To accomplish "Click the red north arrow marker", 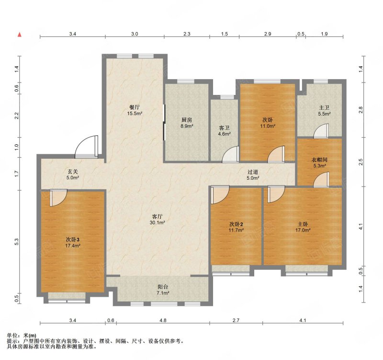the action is tap(20, 35).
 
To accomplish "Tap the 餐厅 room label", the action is tap(135, 110).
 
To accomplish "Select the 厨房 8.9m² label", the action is tap(187, 123).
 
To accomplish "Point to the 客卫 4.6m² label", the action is tap(225, 131).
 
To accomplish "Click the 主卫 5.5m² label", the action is tap(325, 111).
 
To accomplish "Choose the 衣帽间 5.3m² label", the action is tap(320, 163).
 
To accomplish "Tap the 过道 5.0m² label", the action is tap(253, 175).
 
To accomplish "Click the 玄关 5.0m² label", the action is tap(73, 174).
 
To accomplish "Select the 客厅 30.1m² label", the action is tap(158, 220).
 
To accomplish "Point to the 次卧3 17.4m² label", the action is tap(73, 243).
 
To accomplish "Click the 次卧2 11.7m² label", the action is tap(236, 227).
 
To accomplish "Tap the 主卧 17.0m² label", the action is tap(303, 227).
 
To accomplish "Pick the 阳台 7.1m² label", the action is tap(163, 290).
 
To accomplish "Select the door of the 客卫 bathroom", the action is tap(231, 154).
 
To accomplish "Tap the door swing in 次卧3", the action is tap(58, 197).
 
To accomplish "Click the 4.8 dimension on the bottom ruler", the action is tap(163, 320).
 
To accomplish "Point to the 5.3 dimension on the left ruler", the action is tap(16, 242).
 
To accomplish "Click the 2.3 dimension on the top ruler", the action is tap(187, 34).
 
